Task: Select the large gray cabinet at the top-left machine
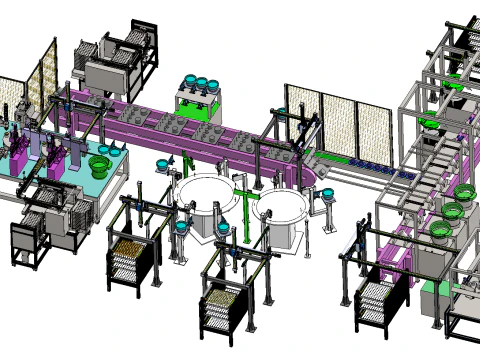(110, 75)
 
